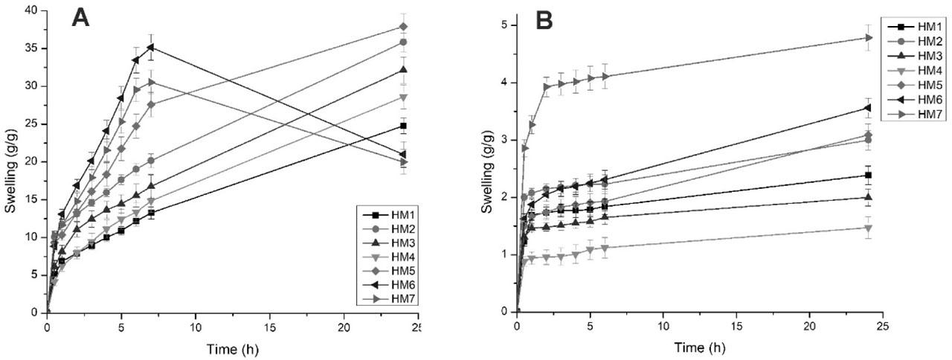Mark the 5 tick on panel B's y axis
tap(504, 25)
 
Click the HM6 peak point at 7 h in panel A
tap(151, 47)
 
